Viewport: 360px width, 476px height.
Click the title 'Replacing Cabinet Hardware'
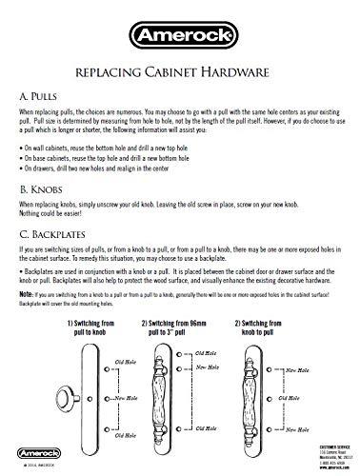click(x=180, y=70)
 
